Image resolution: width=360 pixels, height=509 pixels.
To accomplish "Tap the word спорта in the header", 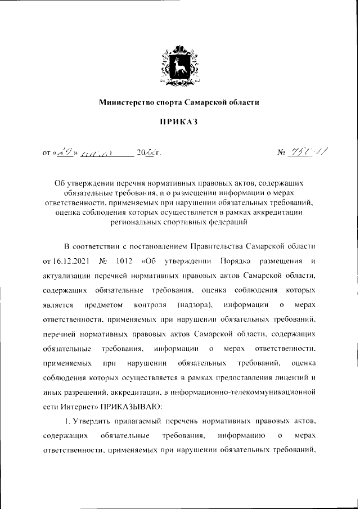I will click(x=168, y=102).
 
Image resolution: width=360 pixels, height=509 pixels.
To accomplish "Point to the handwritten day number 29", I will click(x=66, y=151).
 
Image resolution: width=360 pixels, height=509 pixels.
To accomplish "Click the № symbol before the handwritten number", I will click(x=283, y=152).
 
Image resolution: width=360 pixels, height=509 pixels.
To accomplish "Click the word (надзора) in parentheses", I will click(x=193, y=304).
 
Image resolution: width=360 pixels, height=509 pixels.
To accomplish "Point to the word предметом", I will click(x=103, y=304).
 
